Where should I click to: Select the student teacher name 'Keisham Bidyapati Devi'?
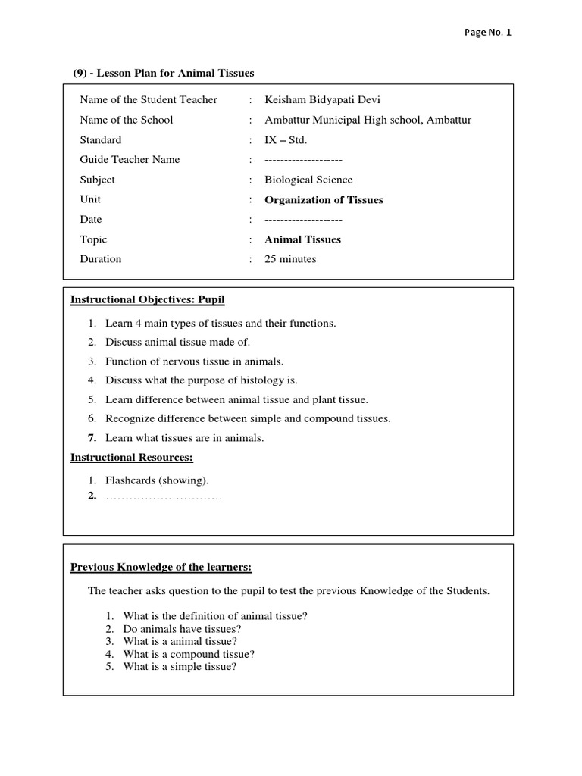[319, 100]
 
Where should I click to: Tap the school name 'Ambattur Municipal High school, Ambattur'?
[368, 120]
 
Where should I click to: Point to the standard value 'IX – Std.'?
[286, 140]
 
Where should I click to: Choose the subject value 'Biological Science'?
[308, 180]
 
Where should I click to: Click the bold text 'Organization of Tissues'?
[324, 200]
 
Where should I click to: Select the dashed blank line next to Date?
[303, 220]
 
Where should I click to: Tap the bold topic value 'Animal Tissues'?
[302, 239]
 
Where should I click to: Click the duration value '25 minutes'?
[290, 259]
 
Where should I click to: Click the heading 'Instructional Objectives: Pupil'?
[148, 300]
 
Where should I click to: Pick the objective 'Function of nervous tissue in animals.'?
[194, 361]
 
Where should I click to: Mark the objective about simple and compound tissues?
[248, 418]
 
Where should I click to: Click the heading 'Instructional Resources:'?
[132, 457]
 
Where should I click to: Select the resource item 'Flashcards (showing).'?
[157, 480]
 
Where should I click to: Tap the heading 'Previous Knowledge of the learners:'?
[161, 567]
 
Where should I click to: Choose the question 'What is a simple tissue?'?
[180, 667]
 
